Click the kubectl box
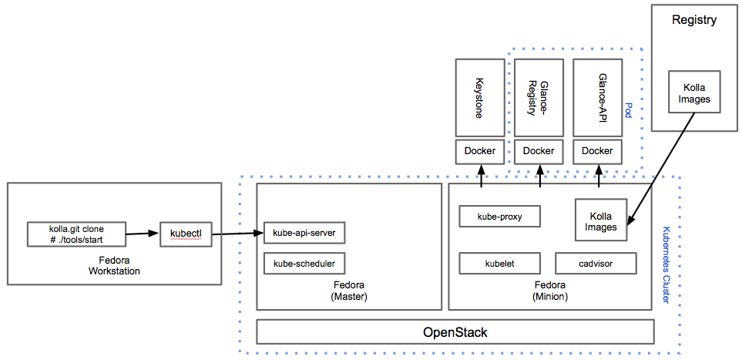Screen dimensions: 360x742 tap(186, 234)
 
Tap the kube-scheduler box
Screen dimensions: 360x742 tap(304, 263)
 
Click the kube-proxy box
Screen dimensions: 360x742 tap(499, 217)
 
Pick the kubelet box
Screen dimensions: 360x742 tap(499, 263)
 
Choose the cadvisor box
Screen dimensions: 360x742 tap(595, 263)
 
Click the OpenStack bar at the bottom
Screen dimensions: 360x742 tap(455, 332)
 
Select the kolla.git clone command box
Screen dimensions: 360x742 tap(76, 234)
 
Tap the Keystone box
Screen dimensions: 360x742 tap(480, 98)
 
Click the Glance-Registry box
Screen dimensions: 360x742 tap(539, 98)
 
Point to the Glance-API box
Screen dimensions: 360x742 tap(598, 98)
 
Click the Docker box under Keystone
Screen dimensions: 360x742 tap(480, 151)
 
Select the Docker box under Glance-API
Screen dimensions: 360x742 tap(598, 151)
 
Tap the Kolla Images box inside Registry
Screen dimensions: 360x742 tap(694, 93)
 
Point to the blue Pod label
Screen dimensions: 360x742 tap(629, 109)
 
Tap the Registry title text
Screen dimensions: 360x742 tap(693, 20)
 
